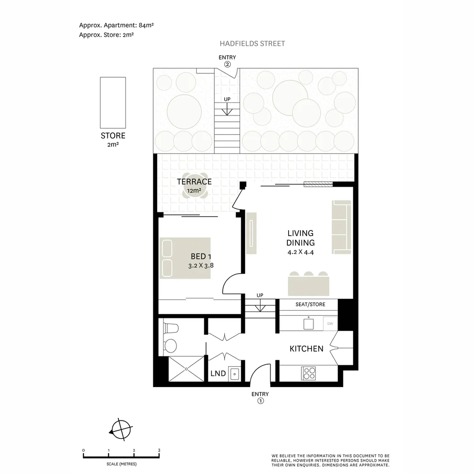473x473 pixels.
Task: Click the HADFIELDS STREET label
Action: coord(252,43)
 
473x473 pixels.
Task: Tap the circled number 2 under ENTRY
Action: coord(227,64)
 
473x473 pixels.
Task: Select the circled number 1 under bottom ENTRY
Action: coord(260,401)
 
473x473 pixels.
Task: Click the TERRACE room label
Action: coord(194,181)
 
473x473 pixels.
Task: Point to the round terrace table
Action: coord(194,191)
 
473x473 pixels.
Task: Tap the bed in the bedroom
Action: coord(185,258)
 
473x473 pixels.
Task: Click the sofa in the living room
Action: coord(342,227)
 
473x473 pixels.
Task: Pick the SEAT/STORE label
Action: coord(310,304)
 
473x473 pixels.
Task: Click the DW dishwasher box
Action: coord(330,324)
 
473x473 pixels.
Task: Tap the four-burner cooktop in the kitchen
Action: coord(309,373)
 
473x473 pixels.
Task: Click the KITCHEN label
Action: coord(306,349)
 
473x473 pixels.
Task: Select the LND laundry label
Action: coord(218,373)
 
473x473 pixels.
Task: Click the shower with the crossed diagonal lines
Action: coord(187,369)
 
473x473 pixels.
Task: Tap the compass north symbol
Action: coord(121,430)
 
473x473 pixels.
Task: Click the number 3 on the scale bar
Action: coord(159,450)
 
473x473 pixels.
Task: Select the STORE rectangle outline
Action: coord(113,102)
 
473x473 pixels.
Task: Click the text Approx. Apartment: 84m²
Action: coord(116,25)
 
